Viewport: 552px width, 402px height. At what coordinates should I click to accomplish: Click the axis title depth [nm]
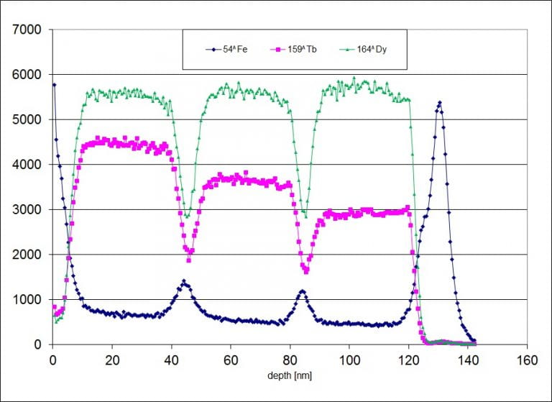(x=290, y=375)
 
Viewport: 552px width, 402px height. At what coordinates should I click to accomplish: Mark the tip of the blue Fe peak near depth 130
(x=438, y=103)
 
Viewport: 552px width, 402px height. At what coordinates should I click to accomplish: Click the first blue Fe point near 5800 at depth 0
(x=53, y=85)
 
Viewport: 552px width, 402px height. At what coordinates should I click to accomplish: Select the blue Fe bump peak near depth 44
(x=184, y=282)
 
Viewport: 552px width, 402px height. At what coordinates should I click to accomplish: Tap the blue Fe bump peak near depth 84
(x=302, y=291)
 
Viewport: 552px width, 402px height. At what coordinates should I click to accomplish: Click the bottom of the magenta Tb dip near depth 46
(x=189, y=260)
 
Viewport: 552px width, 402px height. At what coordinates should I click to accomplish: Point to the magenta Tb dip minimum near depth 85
(x=305, y=272)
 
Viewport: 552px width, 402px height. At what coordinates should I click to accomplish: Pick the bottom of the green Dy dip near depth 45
(x=186, y=216)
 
